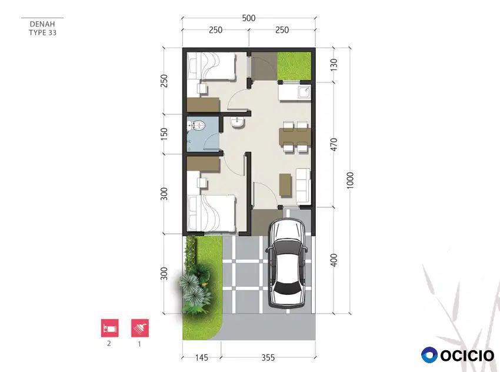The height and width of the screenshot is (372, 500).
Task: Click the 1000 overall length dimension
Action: click(350, 180)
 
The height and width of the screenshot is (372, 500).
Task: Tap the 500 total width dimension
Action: click(249, 18)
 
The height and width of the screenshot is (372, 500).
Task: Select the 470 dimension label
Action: click(334, 145)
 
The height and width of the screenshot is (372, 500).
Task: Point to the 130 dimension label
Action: click(334, 65)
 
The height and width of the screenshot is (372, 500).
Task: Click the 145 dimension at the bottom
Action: click(202, 357)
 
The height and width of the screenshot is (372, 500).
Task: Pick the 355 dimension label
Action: click(268, 357)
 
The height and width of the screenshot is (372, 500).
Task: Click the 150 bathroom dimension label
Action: click(164, 134)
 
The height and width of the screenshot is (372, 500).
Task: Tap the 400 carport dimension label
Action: click(334, 260)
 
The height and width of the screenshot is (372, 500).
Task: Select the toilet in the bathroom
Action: click(198, 127)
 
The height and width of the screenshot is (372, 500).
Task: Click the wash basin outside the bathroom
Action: click(237, 123)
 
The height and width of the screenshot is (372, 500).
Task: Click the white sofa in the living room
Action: click(303, 187)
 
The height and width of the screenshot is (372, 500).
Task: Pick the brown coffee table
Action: click(285, 185)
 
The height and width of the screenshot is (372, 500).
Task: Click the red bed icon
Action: click(109, 328)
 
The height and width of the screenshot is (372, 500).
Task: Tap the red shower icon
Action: click(140, 328)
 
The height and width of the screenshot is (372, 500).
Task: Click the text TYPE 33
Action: click(43, 32)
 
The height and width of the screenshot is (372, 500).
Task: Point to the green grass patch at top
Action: click(294, 66)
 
